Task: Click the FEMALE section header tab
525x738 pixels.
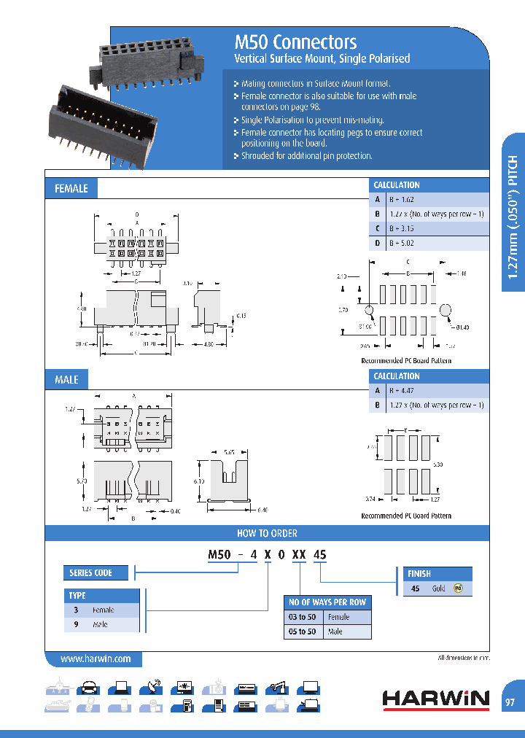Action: click(x=71, y=188)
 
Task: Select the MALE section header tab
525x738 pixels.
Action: click(x=66, y=379)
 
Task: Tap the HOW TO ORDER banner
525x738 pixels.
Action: click(x=267, y=533)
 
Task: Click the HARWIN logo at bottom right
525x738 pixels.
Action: click(x=436, y=699)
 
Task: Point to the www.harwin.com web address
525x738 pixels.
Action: click(x=96, y=659)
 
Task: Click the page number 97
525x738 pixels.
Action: click(x=510, y=702)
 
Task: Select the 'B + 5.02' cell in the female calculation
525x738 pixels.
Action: click(x=401, y=243)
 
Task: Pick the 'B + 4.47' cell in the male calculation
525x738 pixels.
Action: click(x=401, y=390)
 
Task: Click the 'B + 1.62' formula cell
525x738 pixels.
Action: click(x=401, y=199)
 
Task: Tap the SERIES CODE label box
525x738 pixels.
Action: click(x=90, y=572)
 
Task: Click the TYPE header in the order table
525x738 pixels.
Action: click(x=78, y=596)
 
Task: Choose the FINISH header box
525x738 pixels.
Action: click(x=419, y=574)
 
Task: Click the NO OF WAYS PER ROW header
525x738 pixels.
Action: click(x=327, y=602)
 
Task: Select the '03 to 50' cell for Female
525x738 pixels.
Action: click(x=301, y=617)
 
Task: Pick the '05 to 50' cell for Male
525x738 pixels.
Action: click(x=301, y=632)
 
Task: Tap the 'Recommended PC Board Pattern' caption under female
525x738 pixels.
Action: click(x=406, y=361)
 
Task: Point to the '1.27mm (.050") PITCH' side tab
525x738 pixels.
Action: click(x=513, y=215)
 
